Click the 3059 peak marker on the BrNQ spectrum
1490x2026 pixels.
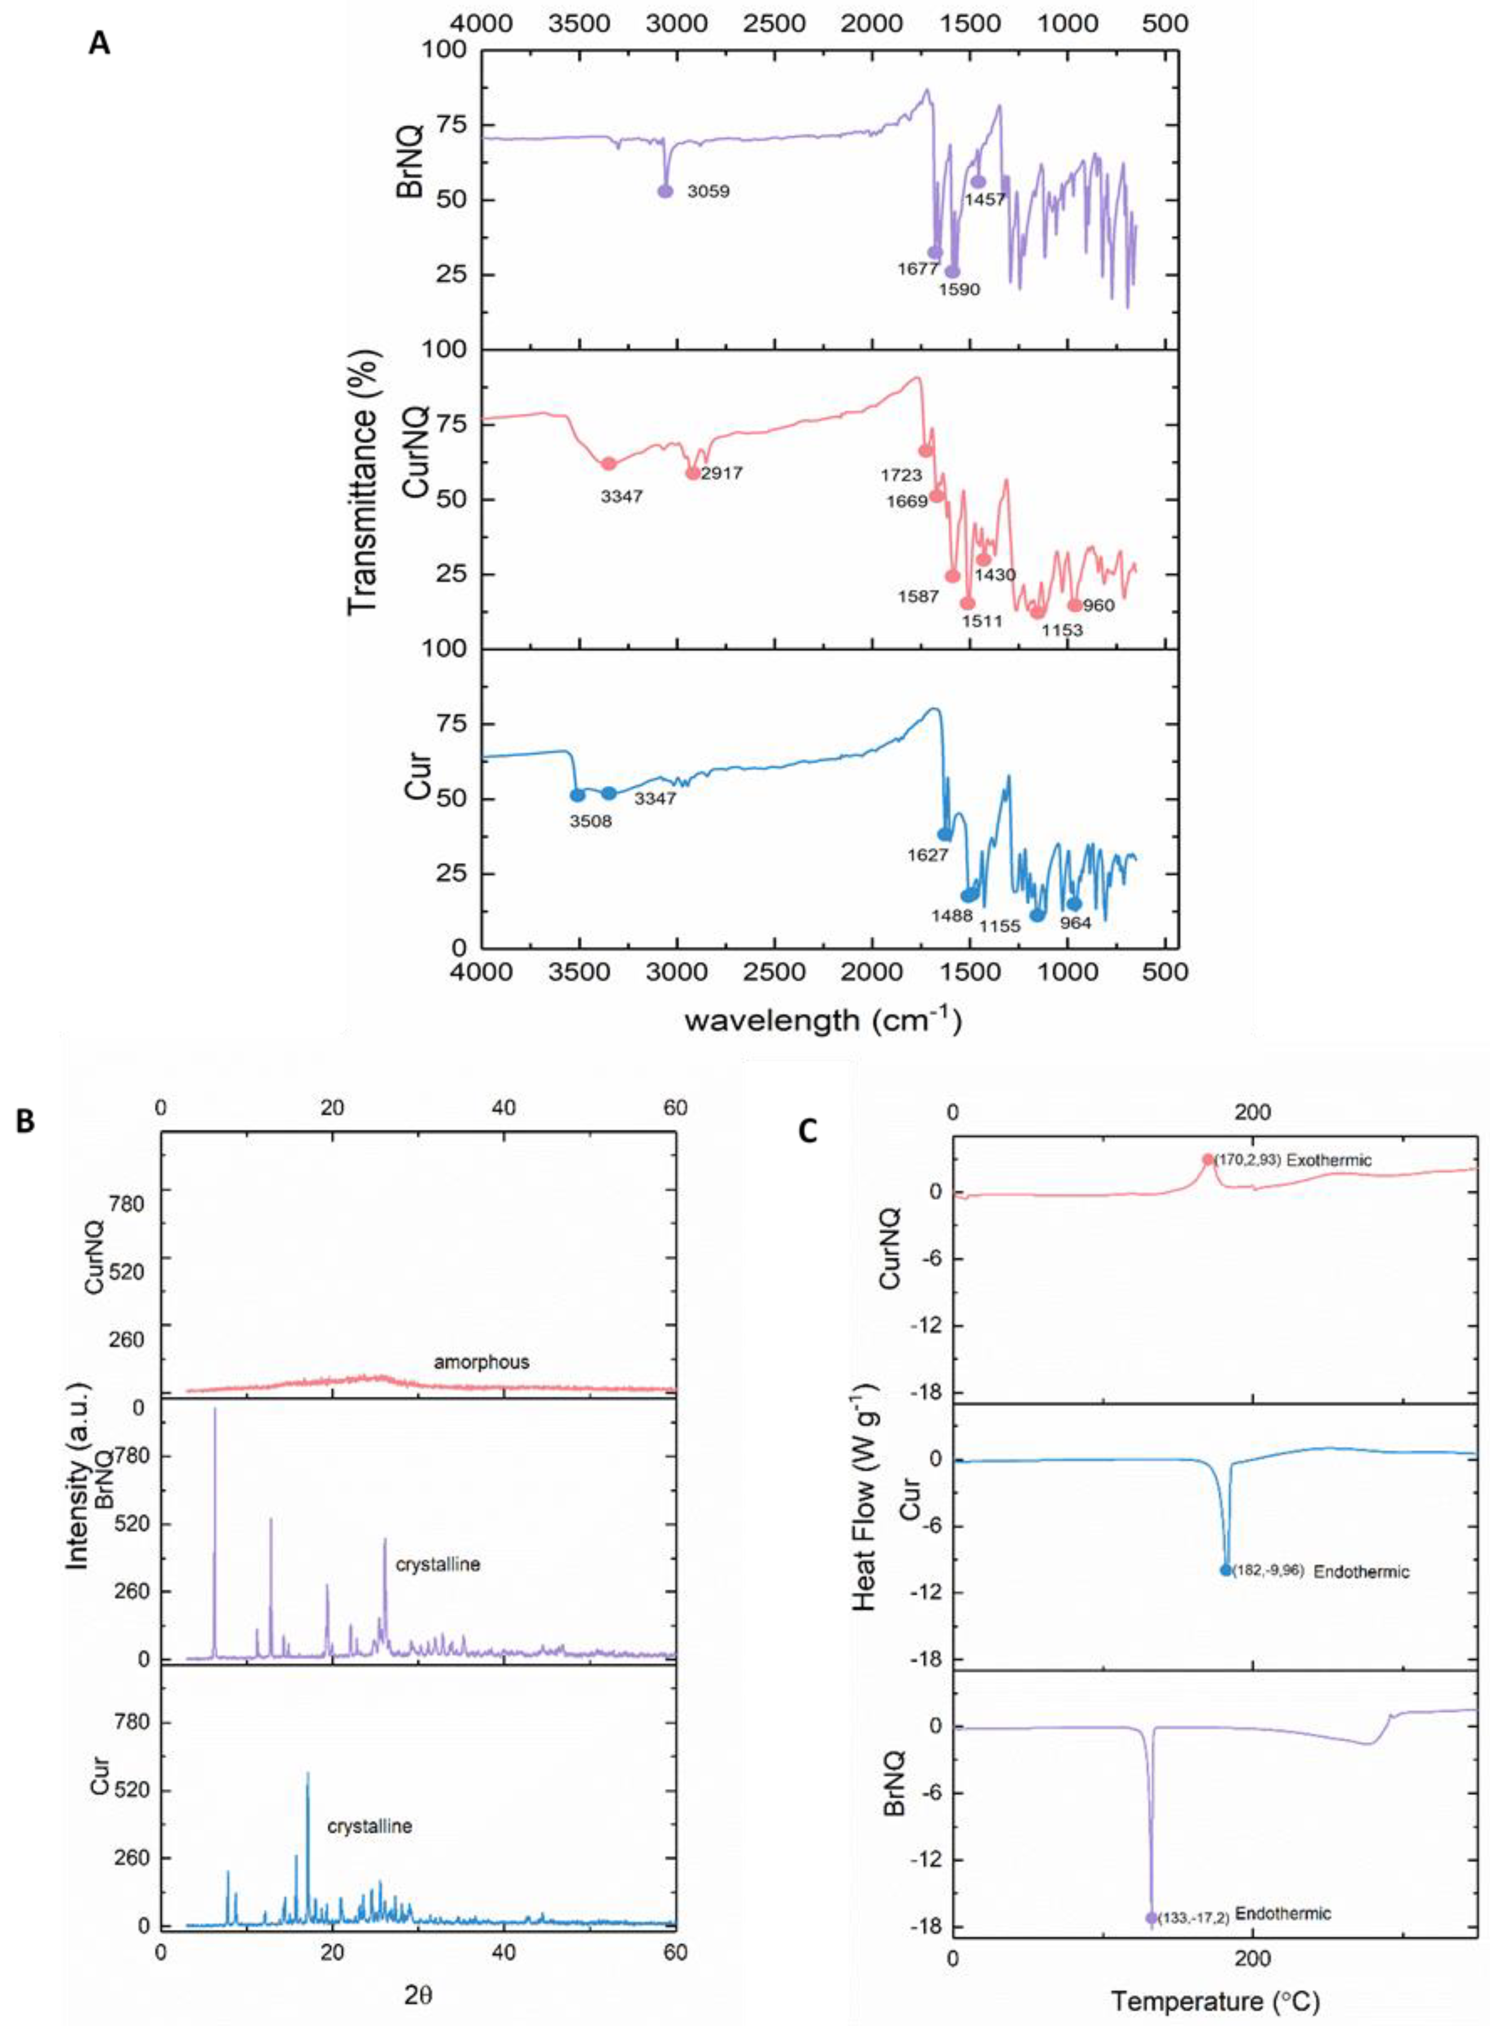click(665, 191)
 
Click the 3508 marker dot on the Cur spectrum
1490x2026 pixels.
click(577, 794)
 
